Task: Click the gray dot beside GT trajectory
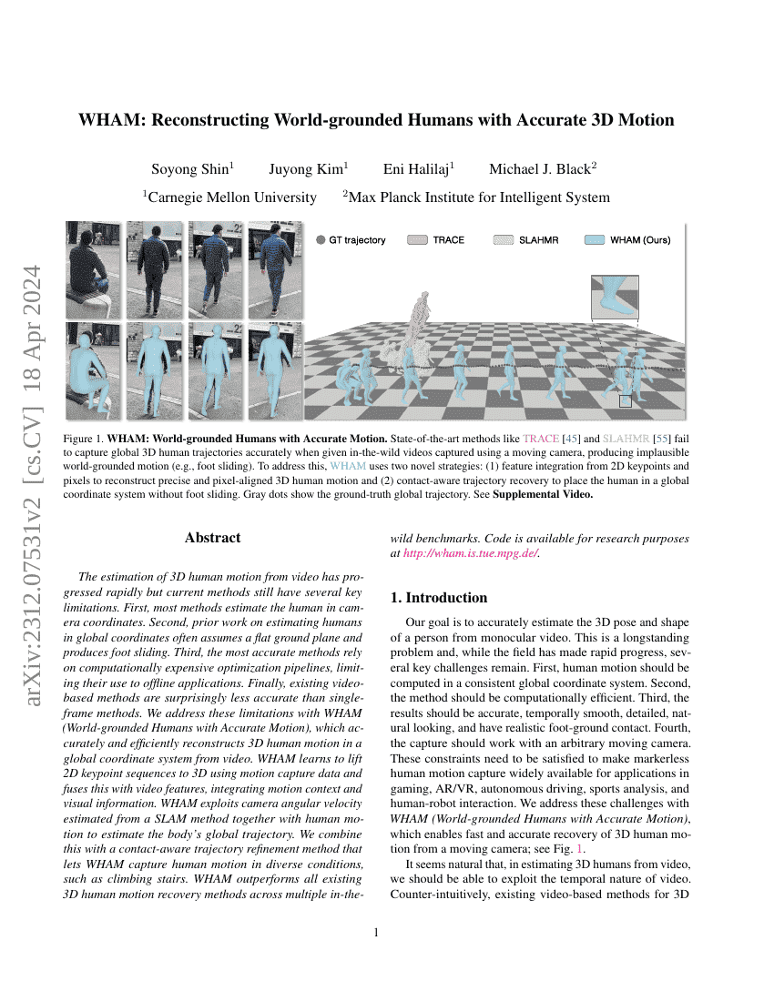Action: (x=321, y=240)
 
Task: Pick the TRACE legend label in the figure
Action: (x=448, y=240)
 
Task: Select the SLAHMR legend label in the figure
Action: (x=538, y=240)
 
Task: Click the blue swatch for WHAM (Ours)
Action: (x=595, y=240)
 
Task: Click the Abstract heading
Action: (x=212, y=538)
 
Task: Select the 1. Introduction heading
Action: (x=439, y=598)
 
